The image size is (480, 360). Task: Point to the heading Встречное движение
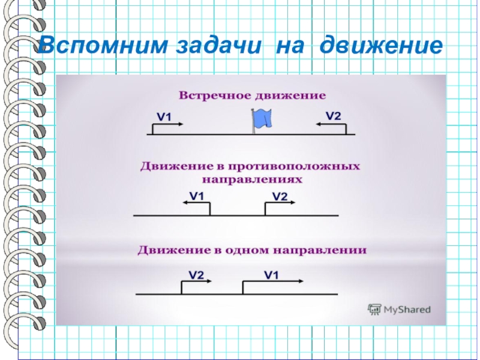pos(252,95)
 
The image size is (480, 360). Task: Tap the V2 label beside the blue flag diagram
pos(334,115)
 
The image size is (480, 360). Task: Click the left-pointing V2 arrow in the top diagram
pos(329,124)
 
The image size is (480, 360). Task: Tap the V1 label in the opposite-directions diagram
pos(197,196)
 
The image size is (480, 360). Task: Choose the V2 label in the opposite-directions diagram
pos(280,196)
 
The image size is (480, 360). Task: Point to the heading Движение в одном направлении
pos(253,248)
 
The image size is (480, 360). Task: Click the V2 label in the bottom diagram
pos(197,275)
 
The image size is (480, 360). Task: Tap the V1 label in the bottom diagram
pos(272,274)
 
